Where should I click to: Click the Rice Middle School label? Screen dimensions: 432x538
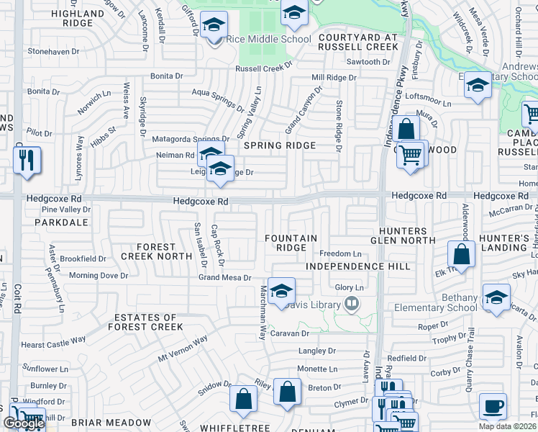coord(268,39)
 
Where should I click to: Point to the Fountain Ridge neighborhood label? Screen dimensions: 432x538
coord(291,243)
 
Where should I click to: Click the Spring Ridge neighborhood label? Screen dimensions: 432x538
coord(280,145)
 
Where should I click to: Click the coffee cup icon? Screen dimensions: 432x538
coord(493,406)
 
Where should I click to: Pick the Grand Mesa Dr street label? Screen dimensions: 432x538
coord(225,277)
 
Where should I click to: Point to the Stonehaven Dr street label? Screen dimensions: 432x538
coord(56,52)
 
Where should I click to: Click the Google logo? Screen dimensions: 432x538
coord(24,423)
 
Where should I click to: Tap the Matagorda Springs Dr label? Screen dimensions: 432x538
coord(192,139)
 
